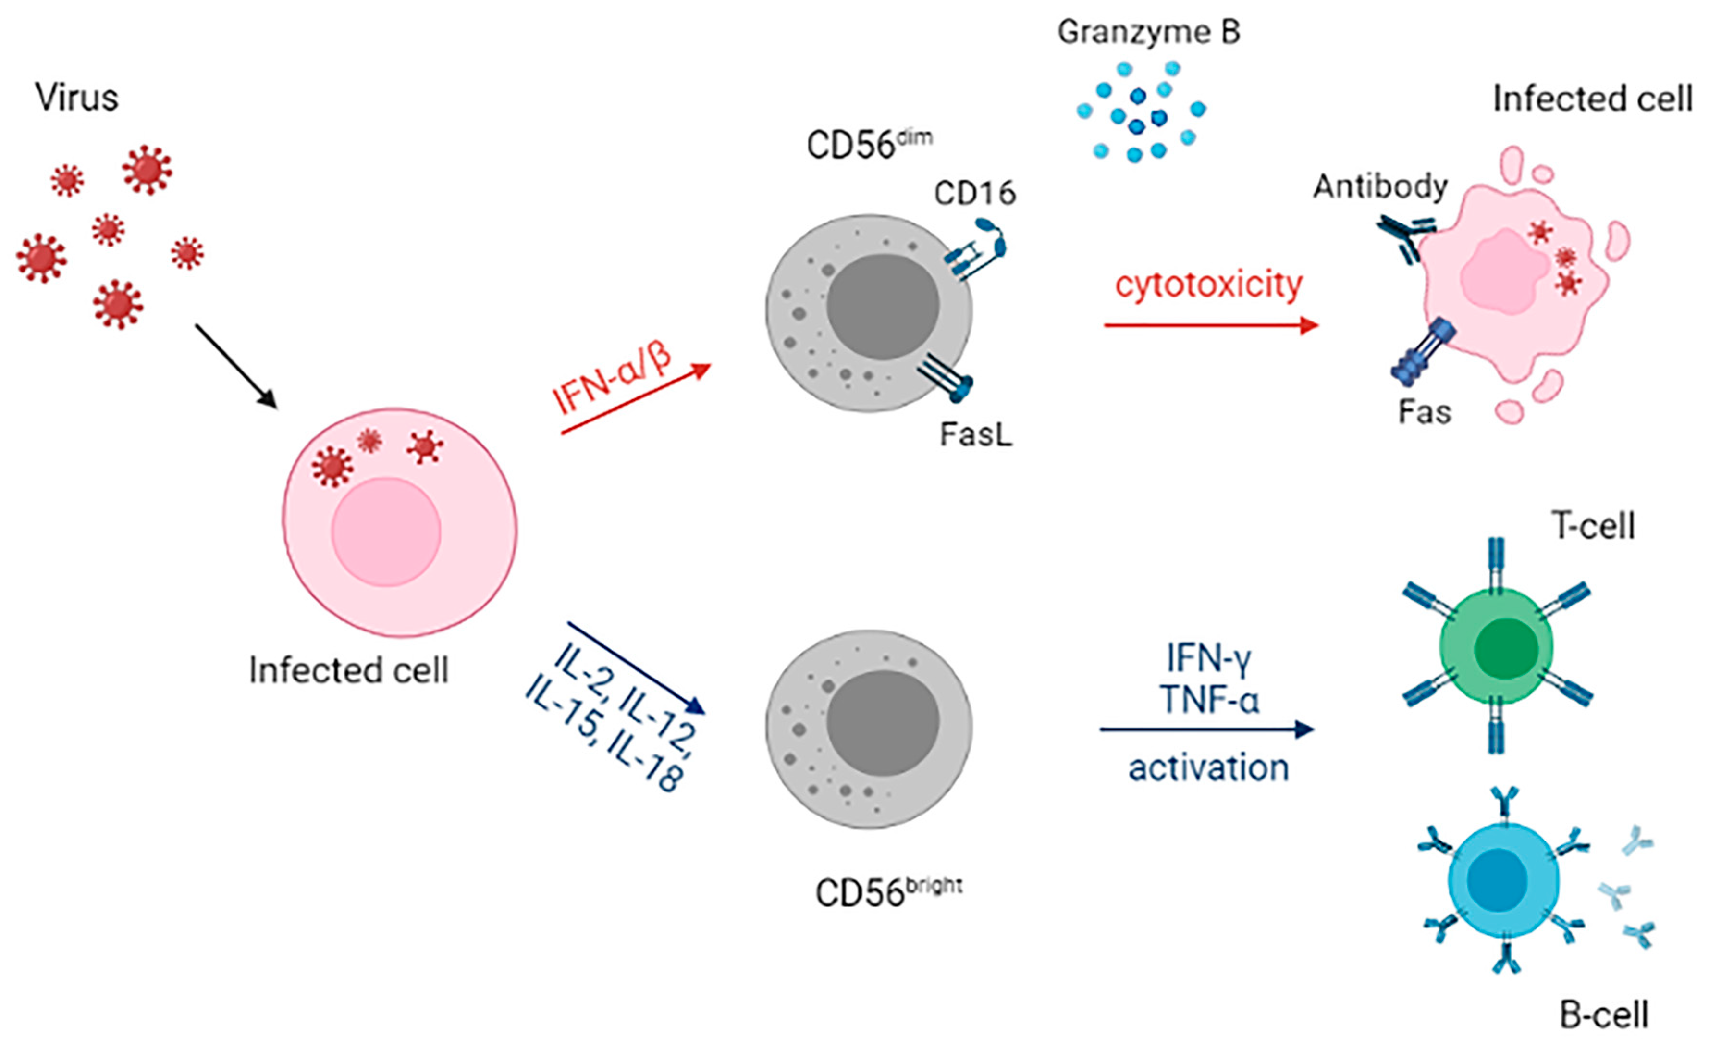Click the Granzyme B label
1148,32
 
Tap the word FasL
976,434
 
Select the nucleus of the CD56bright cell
883,723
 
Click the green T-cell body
1496,646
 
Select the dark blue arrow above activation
1206,730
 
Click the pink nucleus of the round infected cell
386,532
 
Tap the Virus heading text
76,97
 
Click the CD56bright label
888,893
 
